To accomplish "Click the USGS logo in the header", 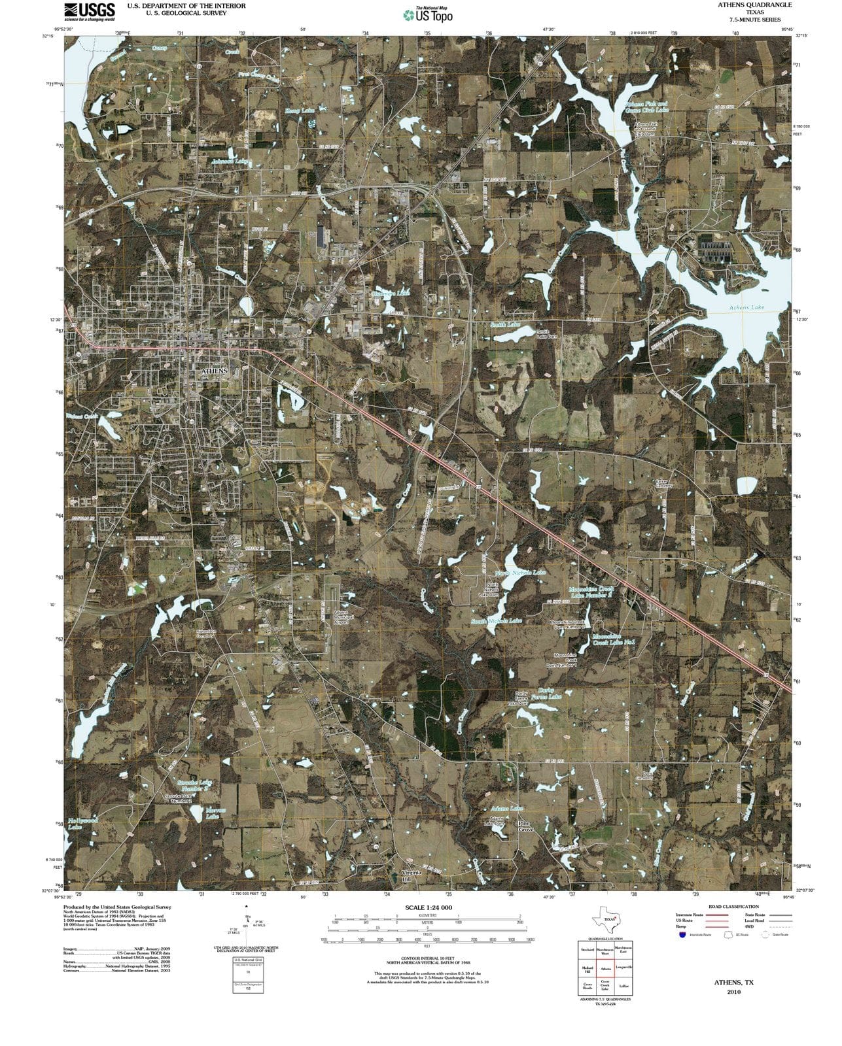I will pos(90,11).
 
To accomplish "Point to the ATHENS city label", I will pos(213,371).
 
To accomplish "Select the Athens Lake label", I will pos(747,307).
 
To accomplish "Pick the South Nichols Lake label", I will pos(497,620).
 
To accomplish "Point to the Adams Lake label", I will pos(506,809).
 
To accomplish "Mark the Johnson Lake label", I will pos(230,161).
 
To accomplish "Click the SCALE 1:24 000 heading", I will pos(429,908).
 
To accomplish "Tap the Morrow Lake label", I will pos(215,813).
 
